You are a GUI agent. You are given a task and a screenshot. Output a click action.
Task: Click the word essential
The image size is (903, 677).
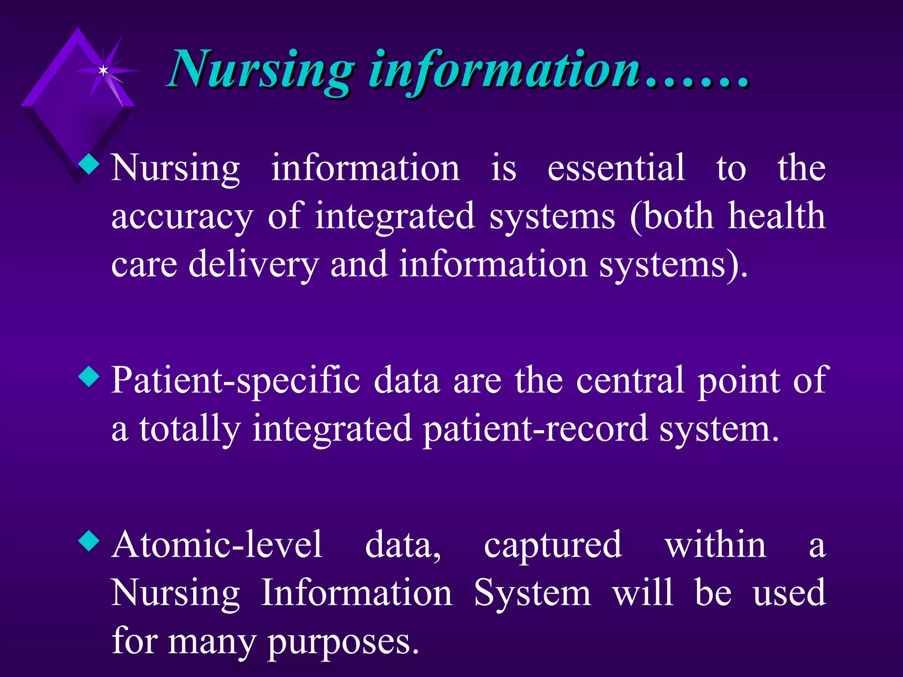point(616,168)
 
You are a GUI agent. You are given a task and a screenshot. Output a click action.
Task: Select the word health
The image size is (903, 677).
point(776,216)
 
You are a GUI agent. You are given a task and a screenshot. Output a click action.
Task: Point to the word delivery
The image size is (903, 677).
point(253,264)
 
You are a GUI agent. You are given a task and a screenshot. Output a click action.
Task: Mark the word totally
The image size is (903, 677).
point(190,429)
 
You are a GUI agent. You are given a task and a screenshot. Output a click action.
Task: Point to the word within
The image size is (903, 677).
point(715,545)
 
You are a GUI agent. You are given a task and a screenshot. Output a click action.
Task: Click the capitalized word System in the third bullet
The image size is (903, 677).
point(532,593)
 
